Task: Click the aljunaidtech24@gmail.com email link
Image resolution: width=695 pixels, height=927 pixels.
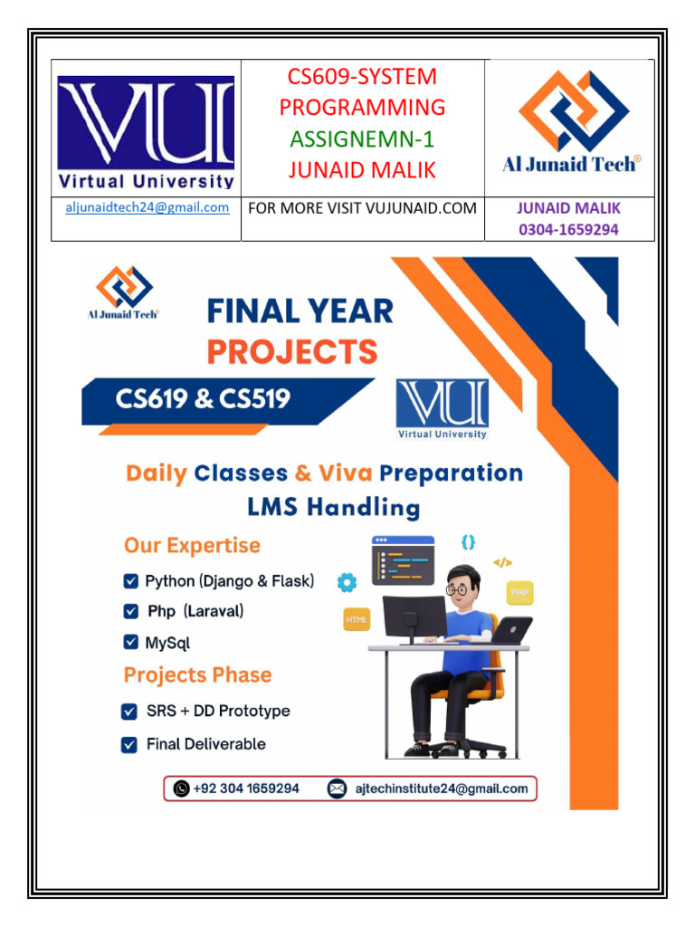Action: [x=147, y=208]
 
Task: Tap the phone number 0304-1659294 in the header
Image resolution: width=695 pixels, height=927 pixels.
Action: [x=568, y=229]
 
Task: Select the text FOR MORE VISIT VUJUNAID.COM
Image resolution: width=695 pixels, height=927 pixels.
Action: [x=362, y=208]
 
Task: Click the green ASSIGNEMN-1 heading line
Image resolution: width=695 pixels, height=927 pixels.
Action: [x=362, y=139]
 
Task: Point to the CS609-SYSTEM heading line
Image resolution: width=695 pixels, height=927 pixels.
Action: [x=362, y=77]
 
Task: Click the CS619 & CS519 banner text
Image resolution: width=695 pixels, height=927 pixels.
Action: [x=203, y=397]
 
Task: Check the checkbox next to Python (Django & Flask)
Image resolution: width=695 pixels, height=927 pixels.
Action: [x=131, y=581]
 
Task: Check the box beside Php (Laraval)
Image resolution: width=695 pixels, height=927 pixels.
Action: [x=131, y=612]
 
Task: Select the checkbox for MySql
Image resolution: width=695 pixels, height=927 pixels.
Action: [x=131, y=643]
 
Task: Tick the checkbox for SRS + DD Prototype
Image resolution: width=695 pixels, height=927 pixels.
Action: [x=129, y=712]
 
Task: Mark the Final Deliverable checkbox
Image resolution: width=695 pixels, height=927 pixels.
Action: [x=129, y=745]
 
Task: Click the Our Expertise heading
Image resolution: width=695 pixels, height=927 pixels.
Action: [x=192, y=546]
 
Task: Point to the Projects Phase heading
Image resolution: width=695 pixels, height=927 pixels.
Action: [x=197, y=675]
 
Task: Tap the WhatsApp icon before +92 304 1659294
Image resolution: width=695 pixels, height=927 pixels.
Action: [x=181, y=788]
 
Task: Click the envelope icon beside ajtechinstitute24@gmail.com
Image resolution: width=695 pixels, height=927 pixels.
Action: [x=337, y=788]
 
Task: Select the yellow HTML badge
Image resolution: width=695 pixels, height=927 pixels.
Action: [x=357, y=620]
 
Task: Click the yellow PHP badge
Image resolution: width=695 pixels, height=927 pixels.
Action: [x=519, y=593]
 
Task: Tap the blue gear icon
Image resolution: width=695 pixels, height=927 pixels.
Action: [x=347, y=582]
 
